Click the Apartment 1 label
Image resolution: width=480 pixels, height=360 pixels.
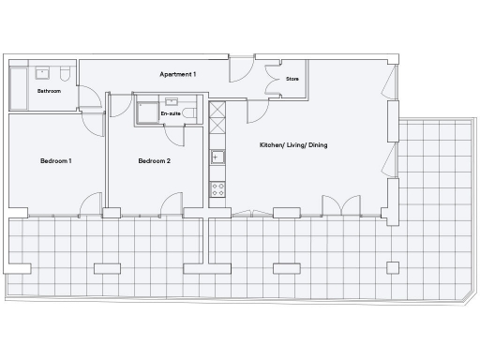coord(178,74)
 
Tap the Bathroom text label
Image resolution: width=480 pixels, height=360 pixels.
coord(49,91)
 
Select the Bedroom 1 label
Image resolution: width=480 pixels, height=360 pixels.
coord(56,161)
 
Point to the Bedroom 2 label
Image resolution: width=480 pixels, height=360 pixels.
coord(154,161)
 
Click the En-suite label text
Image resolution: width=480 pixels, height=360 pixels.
coord(170,113)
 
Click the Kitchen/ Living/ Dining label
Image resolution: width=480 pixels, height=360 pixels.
coord(293,145)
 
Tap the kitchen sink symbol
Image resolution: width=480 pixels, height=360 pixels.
coord(217,157)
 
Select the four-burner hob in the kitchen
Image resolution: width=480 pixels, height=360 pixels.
coord(217,187)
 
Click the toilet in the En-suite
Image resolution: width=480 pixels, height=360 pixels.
coord(188,112)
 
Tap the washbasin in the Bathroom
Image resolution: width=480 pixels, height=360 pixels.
coord(41,72)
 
